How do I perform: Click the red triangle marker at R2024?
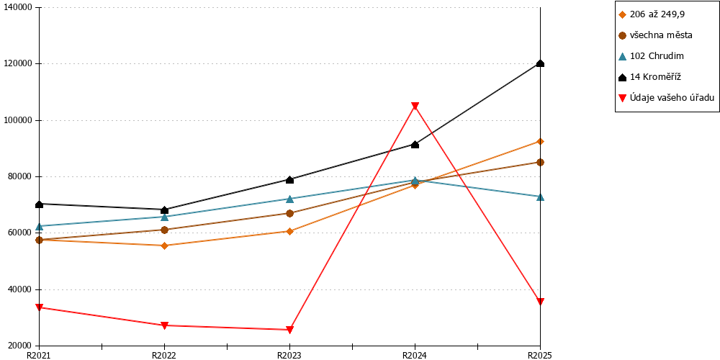415,106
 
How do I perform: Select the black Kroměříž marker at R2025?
541,63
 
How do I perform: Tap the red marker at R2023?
289,330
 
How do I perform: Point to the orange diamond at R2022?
164,246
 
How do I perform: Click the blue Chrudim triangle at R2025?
541,197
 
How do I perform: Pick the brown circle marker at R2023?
289,213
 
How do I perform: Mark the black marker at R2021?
39,204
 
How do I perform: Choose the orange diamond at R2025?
541,141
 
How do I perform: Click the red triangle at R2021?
39,307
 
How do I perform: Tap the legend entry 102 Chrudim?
651,56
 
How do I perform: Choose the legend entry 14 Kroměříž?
649,77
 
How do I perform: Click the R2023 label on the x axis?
289,355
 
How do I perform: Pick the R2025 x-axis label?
541,355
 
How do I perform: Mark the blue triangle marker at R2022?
164,217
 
